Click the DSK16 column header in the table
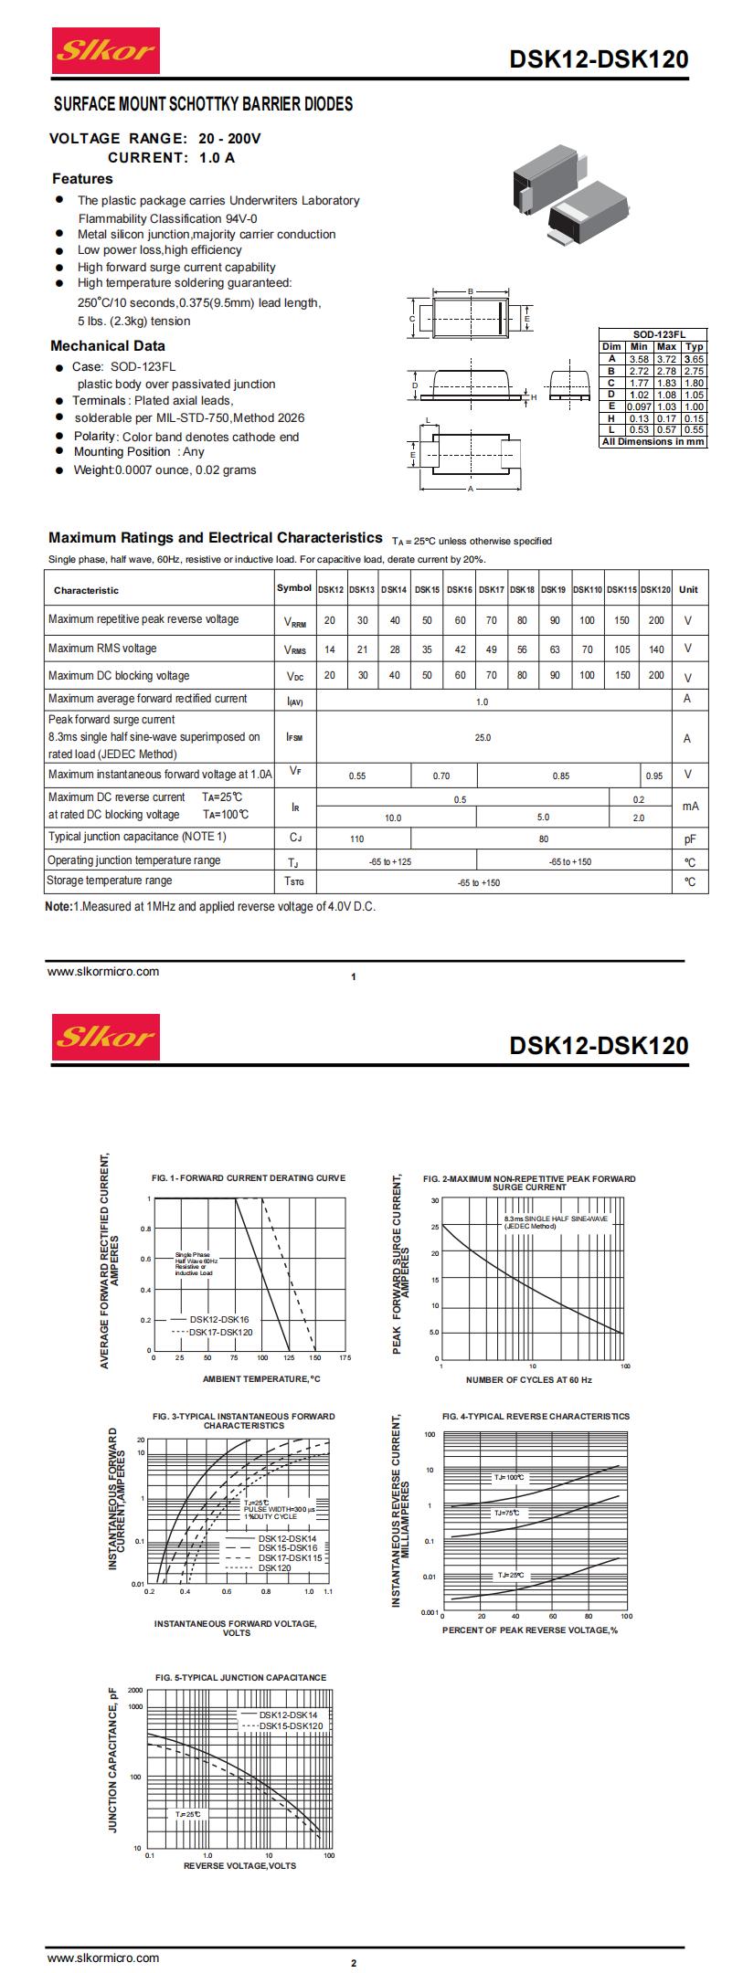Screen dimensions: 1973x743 [x=460, y=590]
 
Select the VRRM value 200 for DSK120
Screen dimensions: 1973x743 [x=656, y=620]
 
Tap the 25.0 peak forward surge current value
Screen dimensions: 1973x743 [x=483, y=737]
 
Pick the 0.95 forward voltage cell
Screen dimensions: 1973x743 [x=654, y=775]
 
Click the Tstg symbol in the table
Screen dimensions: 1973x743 [x=294, y=881]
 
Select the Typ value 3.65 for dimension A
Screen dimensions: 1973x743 [x=695, y=360]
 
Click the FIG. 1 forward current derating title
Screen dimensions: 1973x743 [x=249, y=1178]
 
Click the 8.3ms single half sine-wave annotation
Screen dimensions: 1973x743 [x=555, y=1222]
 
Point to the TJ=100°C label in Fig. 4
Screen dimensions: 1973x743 [x=510, y=1477]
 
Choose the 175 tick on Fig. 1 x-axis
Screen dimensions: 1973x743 [x=345, y=1358]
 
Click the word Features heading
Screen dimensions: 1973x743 [x=82, y=179]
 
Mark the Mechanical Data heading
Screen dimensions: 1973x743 [x=108, y=346]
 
